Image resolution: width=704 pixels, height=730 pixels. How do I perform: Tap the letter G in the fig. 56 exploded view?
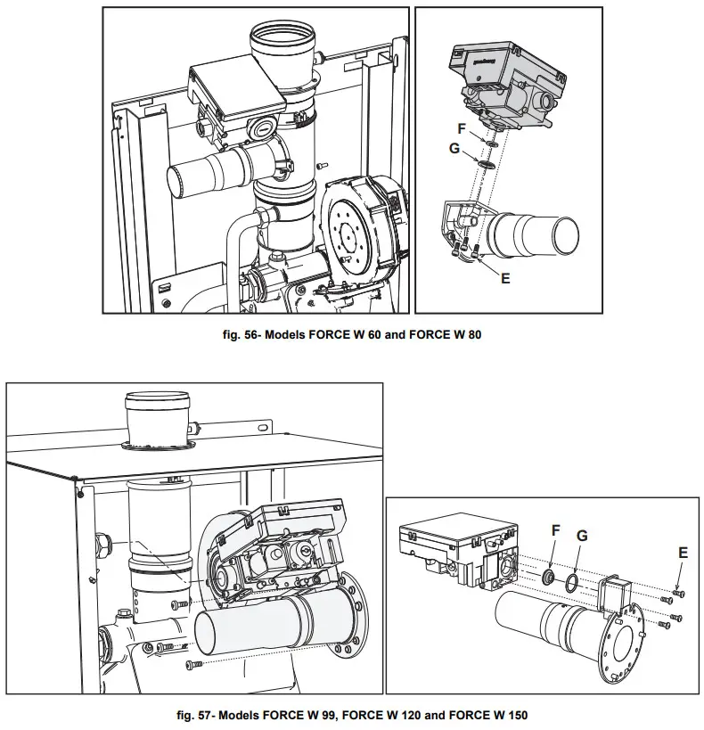tap(454, 148)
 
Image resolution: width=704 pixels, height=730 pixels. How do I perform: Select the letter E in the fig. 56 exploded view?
tap(505, 278)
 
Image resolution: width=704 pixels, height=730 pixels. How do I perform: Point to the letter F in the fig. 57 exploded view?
tap(555, 530)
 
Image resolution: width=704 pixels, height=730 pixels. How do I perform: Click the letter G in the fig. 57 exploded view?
tap(582, 536)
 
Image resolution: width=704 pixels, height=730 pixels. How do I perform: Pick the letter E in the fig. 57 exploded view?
tap(683, 553)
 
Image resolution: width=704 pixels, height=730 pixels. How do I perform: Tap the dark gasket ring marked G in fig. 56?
tap(487, 165)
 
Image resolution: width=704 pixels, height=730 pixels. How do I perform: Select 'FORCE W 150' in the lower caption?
tap(503, 714)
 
